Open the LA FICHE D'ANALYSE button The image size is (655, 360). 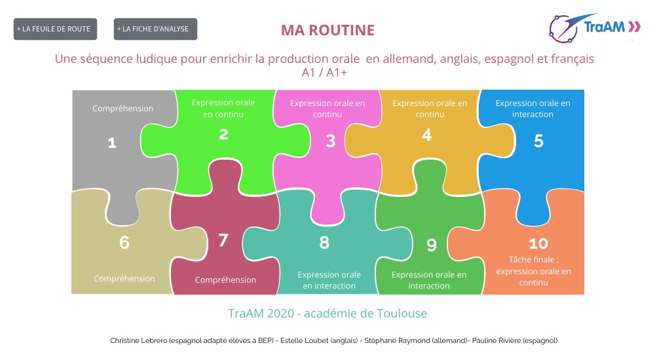click(x=155, y=29)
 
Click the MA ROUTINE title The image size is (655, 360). click(x=327, y=30)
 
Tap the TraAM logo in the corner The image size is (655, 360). click(x=595, y=27)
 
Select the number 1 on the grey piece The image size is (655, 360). click(x=112, y=142)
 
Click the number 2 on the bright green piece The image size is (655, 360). click(x=223, y=134)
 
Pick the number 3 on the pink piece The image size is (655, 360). click(x=331, y=140)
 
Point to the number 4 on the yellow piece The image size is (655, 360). click(x=427, y=135)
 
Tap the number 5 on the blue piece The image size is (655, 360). click(x=538, y=141)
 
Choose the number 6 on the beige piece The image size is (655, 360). click(x=124, y=242)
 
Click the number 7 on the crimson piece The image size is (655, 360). click(x=223, y=240)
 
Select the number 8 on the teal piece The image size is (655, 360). click(x=324, y=242)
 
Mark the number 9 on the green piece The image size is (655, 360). click(x=432, y=245)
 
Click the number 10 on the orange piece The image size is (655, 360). click(x=538, y=243)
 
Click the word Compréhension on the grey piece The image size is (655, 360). click(x=122, y=109)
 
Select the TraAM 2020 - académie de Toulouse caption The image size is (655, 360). click(x=327, y=314)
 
